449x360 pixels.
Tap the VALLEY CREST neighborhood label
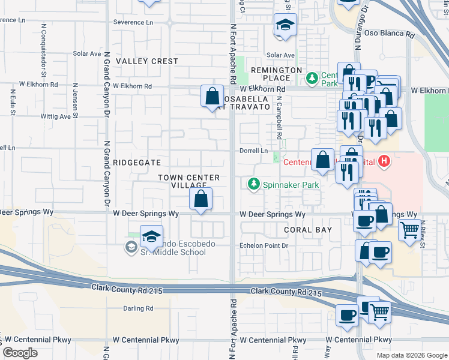(x=147, y=61)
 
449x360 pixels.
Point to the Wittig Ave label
(x=56, y=117)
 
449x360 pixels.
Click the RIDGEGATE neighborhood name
(x=137, y=163)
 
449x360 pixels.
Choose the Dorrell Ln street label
(x=253, y=151)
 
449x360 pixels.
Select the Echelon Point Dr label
(x=265, y=245)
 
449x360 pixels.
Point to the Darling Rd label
(x=138, y=308)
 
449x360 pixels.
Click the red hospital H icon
(x=385, y=161)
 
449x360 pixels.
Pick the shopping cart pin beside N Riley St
(x=409, y=229)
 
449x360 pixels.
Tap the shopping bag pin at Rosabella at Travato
(x=212, y=95)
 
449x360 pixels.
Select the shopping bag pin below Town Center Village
(x=201, y=198)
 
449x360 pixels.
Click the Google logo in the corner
(x=20, y=352)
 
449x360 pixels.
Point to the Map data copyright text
(x=412, y=355)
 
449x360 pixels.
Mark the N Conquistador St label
(x=44, y=43)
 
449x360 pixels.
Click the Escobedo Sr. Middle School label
(x=170, y=248)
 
